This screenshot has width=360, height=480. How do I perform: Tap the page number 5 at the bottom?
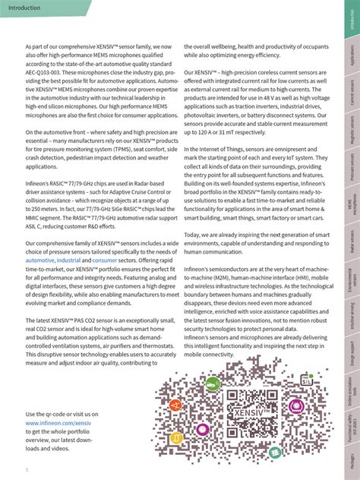[x=27, y=469]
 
